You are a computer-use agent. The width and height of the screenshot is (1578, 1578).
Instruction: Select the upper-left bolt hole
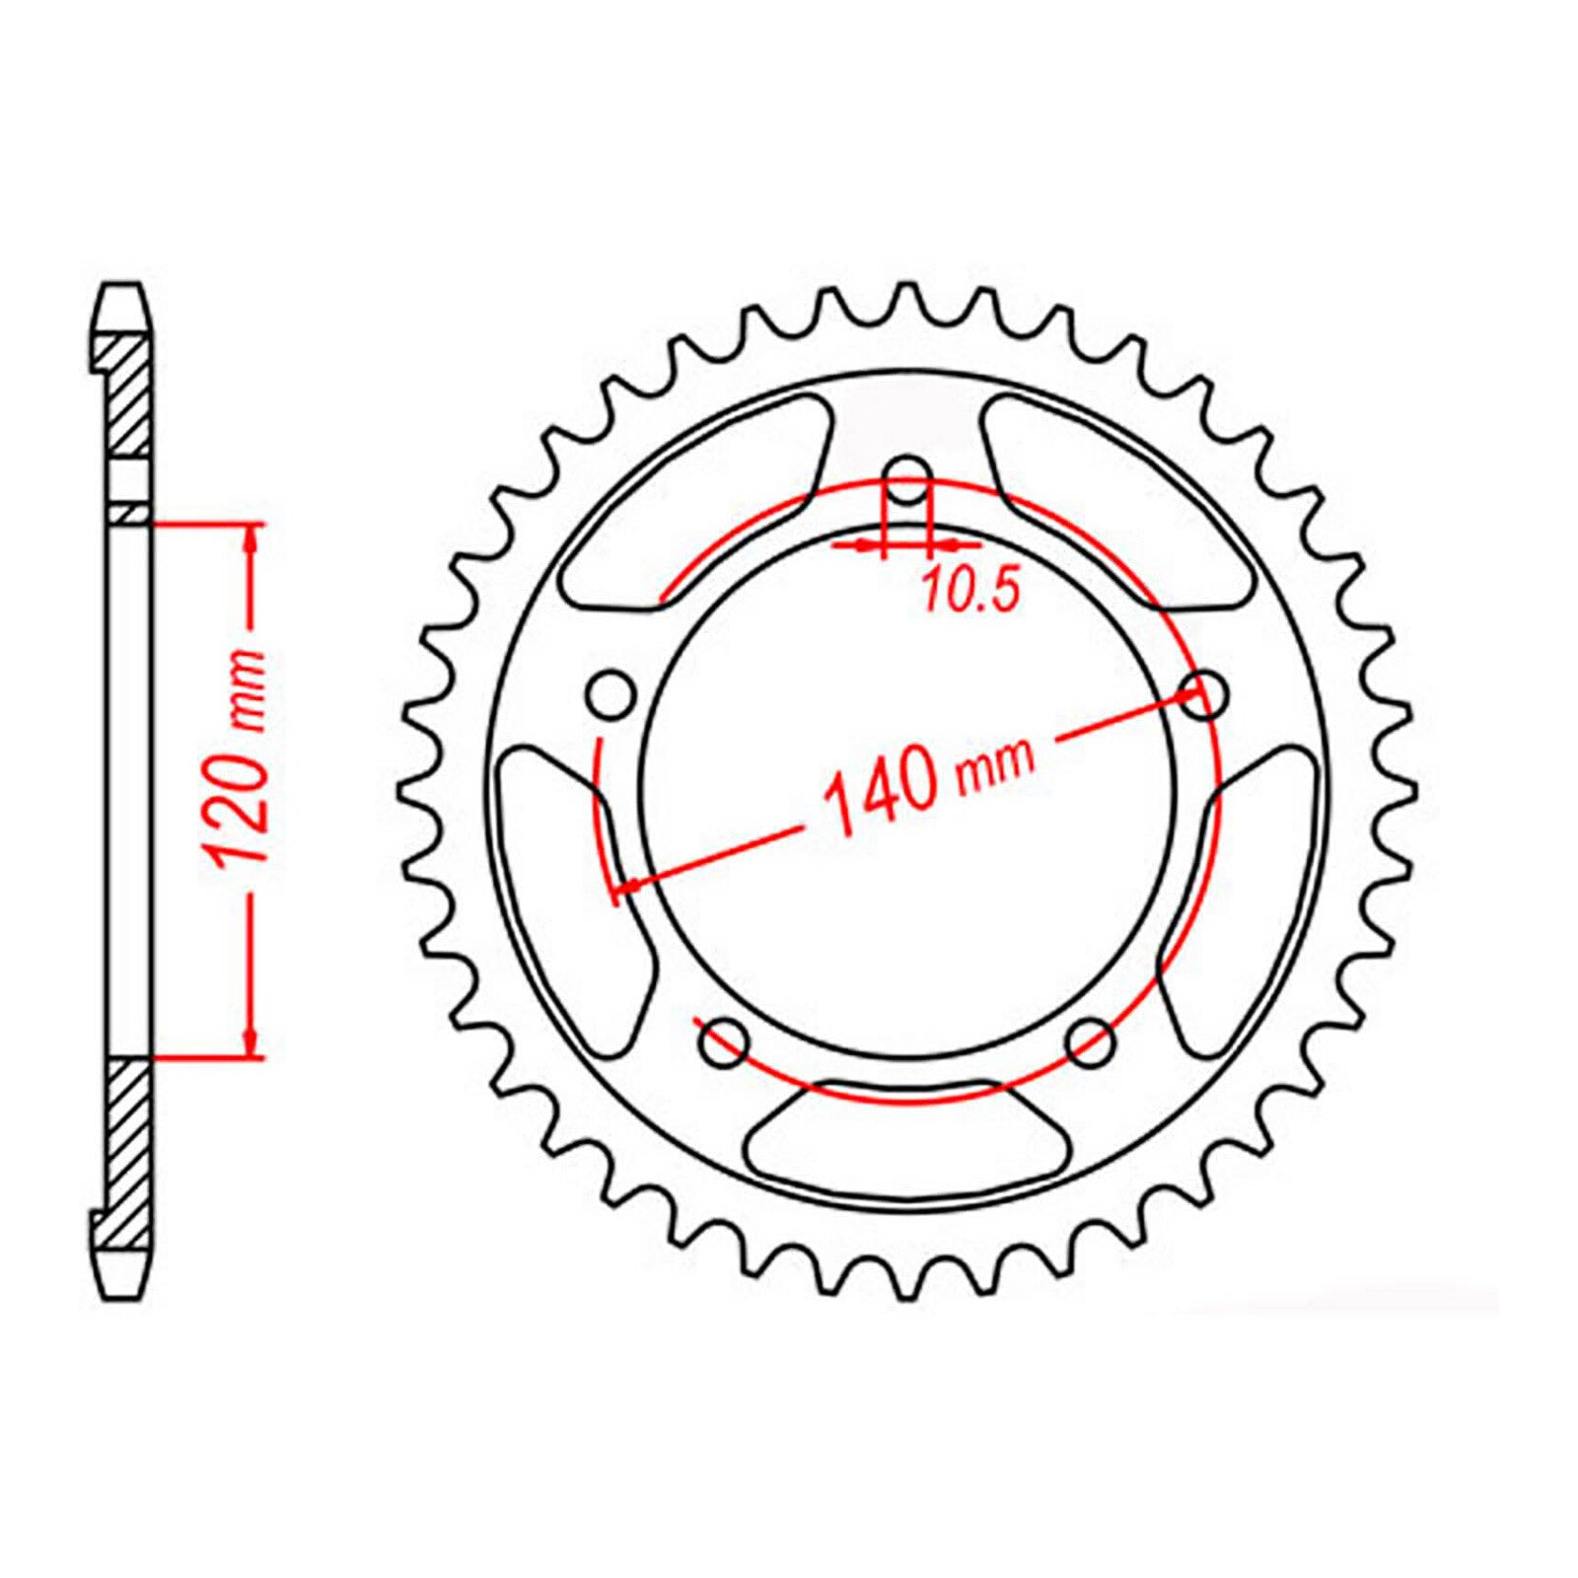[611, 696]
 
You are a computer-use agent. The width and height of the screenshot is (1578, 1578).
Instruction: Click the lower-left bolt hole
[728, 1041]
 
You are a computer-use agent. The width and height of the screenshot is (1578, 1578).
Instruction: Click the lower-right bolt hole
[1091, 1040]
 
